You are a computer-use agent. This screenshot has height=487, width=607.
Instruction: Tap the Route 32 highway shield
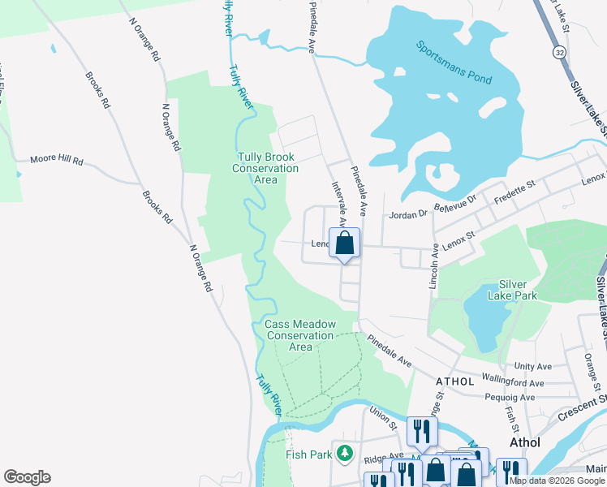560,51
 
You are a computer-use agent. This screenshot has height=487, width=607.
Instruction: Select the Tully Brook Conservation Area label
266,168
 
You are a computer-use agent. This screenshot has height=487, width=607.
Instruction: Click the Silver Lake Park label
512,290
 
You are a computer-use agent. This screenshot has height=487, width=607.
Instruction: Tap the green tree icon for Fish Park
347,452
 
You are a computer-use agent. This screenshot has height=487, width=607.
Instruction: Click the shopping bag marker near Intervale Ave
344,243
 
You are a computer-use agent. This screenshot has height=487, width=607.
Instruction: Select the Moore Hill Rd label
57,162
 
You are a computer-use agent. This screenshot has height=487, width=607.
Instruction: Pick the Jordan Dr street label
407,214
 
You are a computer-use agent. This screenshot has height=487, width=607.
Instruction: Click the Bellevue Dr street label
458,203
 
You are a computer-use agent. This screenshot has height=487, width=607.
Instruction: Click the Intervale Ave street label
339,202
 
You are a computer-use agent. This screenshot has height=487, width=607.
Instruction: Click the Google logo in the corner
28,477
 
